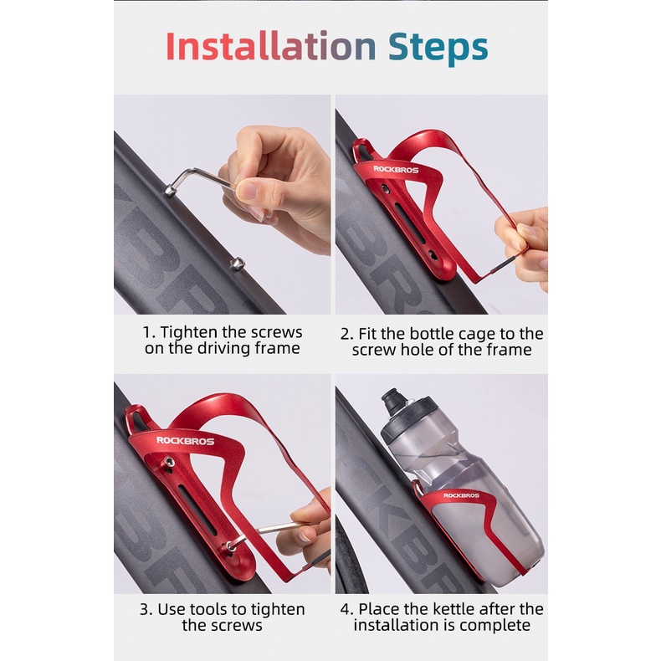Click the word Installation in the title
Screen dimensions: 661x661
click(x=270, y=45)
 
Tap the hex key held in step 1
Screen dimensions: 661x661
click(x=198, y=180)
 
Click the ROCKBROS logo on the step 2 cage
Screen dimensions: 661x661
click(x=396, y=170)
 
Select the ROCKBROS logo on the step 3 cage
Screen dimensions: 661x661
click(x=186, y=441)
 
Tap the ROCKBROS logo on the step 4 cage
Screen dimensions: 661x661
click(x=461, y=495)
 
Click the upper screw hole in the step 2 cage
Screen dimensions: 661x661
click(x=384, y=188)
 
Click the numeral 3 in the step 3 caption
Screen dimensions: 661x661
click(x=144, y=610)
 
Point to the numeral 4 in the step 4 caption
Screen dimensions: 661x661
click(x=346, y=609)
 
